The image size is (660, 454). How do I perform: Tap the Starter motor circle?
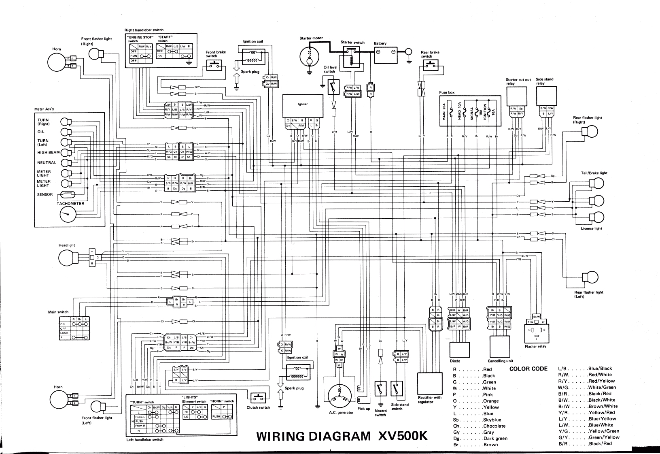click(x=310, y=54)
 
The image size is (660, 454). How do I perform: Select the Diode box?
click(x=459, y=350)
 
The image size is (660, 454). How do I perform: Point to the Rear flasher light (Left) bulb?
click(x=589, y=277)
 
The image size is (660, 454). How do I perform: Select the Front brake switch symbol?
click(x=214, y=65)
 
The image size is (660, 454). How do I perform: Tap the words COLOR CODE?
click(x=528, y=369)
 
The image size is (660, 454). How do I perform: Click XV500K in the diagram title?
click(x=402, y=437)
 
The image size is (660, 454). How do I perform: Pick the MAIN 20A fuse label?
click(x=444, y=112)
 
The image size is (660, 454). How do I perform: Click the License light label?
click(x=591, y=228)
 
